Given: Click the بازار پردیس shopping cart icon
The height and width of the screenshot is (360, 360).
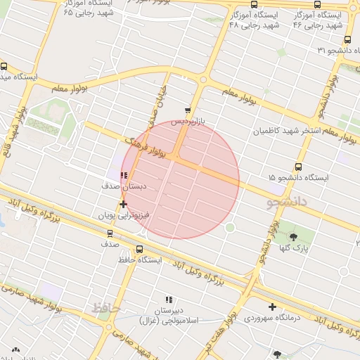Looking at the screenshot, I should tap(187, 110).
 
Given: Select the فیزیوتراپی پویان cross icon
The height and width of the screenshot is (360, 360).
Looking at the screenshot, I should tap(124, 204).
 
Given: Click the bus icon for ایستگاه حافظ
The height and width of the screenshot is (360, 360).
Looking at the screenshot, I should tap(139, 249).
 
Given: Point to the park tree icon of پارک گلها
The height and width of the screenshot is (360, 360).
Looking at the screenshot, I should tap(294, 237).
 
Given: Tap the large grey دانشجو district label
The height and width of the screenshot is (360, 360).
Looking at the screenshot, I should tap(288, 202).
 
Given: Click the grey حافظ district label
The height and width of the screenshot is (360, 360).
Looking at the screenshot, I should tap(107, 307).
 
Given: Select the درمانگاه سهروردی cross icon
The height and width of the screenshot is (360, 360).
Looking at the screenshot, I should tap(272, 307).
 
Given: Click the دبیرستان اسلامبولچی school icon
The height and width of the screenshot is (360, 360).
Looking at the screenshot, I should tap(168, 300).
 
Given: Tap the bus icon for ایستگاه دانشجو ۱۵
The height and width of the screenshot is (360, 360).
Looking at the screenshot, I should tap(298, 167).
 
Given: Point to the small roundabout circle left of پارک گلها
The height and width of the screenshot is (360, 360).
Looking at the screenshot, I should tap(229, 227).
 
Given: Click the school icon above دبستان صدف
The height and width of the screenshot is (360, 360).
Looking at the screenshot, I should tap(124, 176).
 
